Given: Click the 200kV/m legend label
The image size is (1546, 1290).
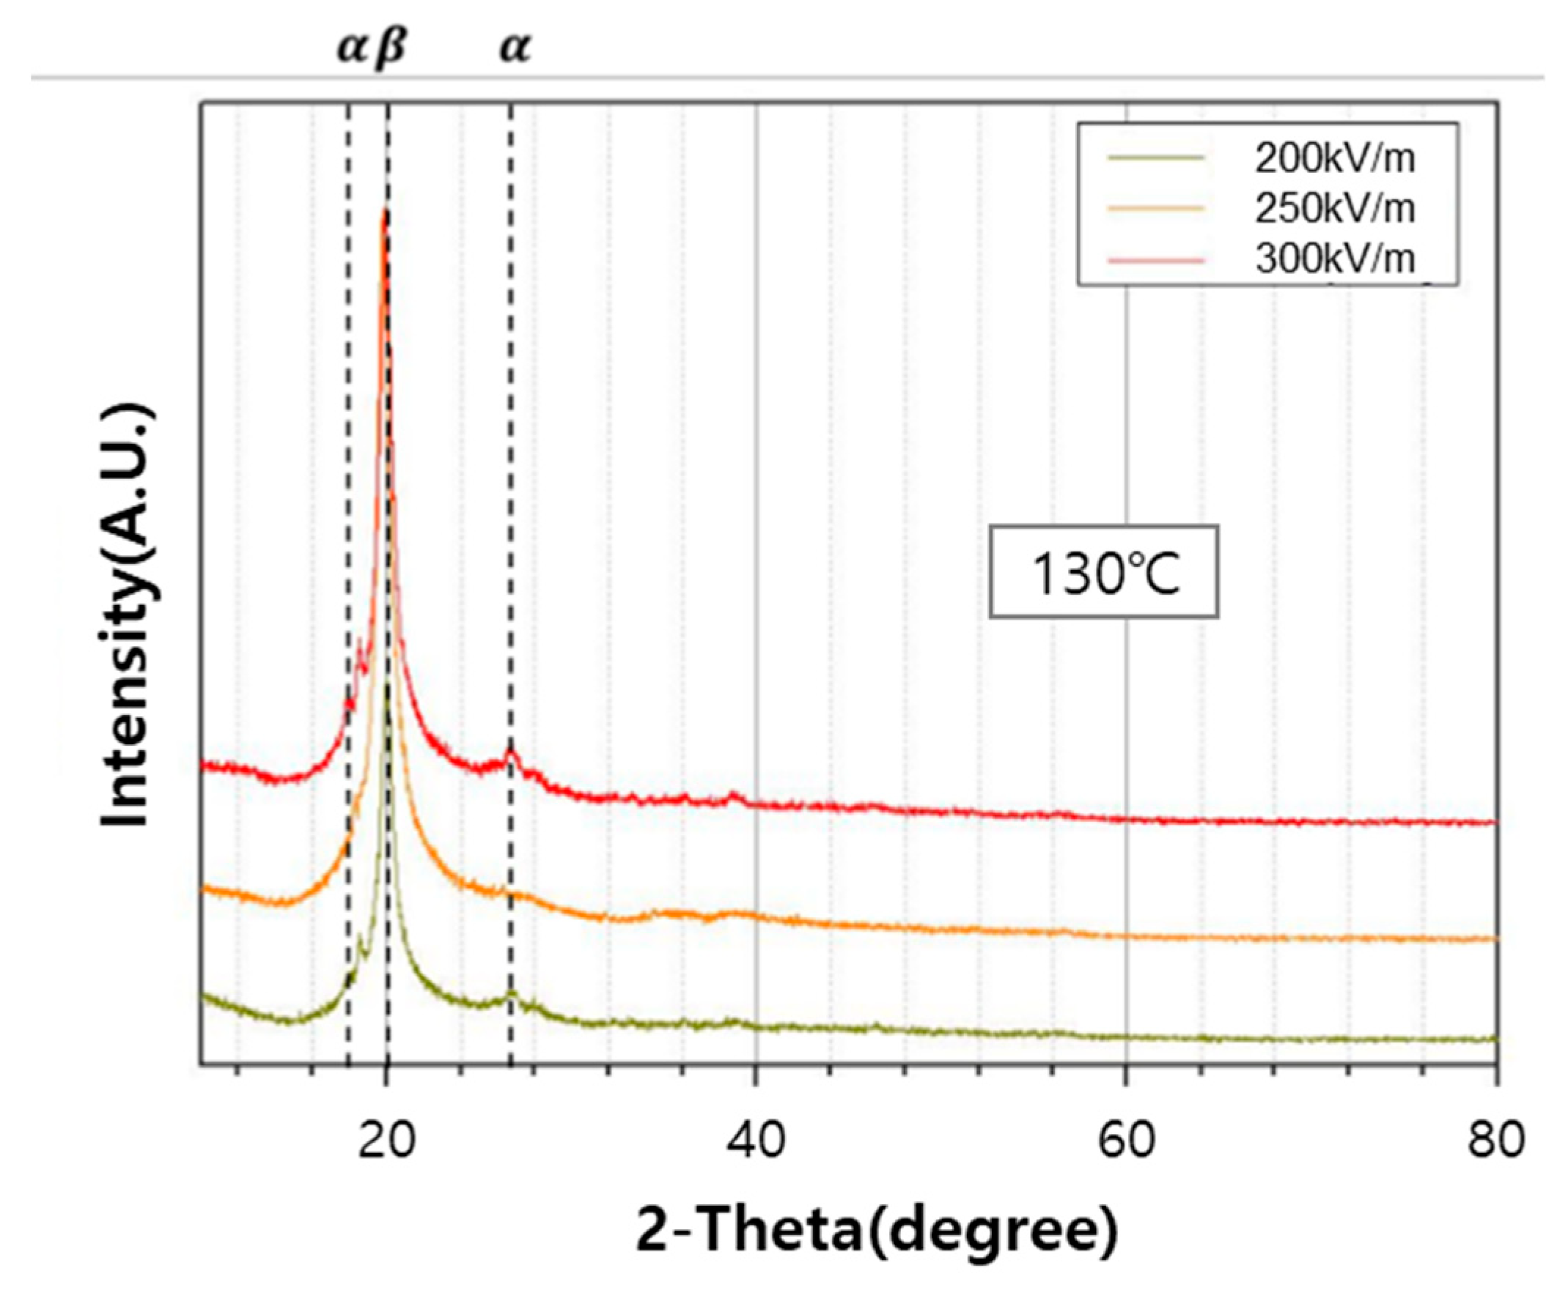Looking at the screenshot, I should pos(1335,159).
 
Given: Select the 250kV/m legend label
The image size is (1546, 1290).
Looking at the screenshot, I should pos(1335,209).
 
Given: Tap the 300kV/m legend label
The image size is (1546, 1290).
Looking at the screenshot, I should pos(1335,259).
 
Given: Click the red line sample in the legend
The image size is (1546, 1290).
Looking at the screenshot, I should pos(1156,261).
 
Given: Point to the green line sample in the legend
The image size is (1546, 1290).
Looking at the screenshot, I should pos(1156,157).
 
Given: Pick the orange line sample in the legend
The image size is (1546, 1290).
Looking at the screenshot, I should pos(1156,209).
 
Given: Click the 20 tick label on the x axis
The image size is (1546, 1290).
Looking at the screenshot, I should pos(386,1141).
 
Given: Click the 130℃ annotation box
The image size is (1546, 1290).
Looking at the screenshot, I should pos(1102,572).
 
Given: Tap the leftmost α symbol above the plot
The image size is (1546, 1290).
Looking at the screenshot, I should pos(351,48).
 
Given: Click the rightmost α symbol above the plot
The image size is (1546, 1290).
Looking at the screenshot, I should pos(515,48).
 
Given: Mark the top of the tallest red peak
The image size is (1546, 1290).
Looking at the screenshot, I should pos(383,212).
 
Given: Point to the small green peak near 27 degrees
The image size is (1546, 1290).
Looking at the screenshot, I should pos(511,995).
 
